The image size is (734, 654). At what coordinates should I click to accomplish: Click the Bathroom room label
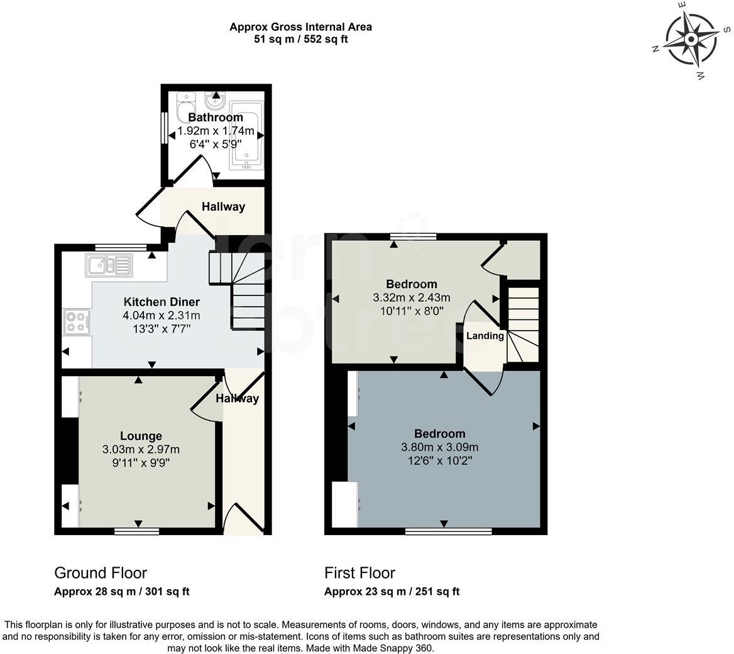[216, 117]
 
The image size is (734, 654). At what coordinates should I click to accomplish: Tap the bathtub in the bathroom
[246, 135]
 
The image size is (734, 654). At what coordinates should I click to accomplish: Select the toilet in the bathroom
[185, 107]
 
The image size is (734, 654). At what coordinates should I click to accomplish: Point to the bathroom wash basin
[216, 100]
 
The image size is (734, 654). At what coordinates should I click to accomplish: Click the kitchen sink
[109, 265]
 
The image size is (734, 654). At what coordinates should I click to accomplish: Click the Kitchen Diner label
[162, 302]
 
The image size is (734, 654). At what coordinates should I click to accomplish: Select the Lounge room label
[141, 436]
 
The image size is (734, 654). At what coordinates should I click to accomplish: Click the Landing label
[485, 335]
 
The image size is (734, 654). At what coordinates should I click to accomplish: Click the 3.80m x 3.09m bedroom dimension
[439, 447]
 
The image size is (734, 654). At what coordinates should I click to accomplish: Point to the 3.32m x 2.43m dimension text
[412, 297]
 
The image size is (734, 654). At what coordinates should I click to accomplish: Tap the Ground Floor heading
[101, 572]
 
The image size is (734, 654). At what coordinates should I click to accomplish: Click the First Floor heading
[359, 572]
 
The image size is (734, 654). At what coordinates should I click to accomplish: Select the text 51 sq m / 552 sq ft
[301, 39]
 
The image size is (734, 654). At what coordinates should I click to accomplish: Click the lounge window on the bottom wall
[137, 531]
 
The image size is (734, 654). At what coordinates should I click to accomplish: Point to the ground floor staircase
[237, 291]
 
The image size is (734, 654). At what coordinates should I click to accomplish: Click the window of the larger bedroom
[449, 531]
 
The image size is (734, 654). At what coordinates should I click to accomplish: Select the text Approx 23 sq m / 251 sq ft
[392, 592]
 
